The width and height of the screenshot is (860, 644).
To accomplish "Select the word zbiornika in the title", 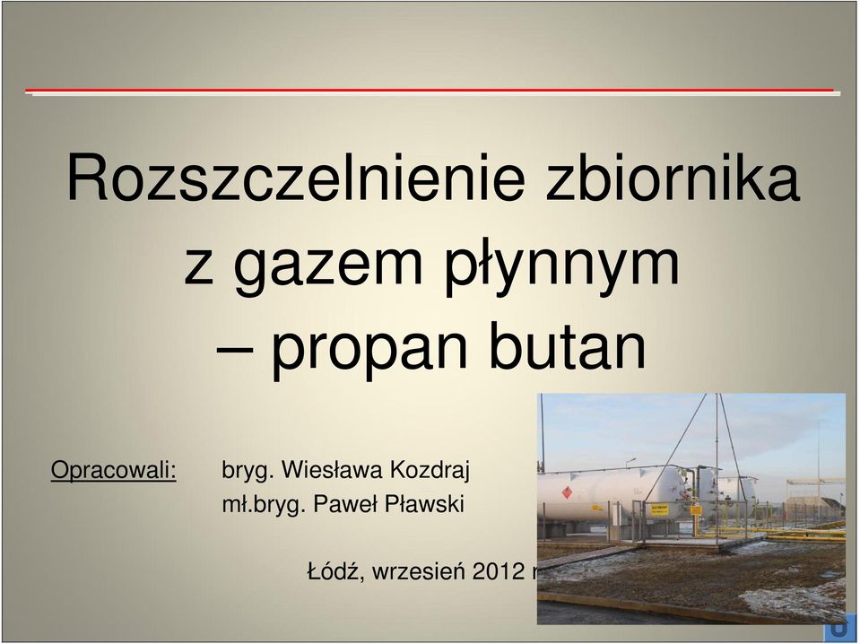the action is pos(673,177).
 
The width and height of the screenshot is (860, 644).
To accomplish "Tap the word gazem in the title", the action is pos(327,265).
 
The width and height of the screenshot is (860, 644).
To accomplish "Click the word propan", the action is pos(369,348).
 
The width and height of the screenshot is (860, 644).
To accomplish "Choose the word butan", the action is pos(567,344).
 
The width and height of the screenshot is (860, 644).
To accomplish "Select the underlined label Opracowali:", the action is pos(114,471).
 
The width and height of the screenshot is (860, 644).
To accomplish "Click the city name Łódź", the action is pos(334,570).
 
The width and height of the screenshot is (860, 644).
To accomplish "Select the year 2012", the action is pos(499,571).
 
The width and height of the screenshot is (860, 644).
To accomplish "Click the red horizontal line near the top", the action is pos(430,90).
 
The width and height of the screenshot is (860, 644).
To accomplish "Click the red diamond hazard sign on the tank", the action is pos(567,492).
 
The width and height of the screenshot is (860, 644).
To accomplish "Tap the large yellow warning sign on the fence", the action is pos(659,510).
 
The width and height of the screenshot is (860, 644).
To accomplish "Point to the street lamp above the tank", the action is pos(630,460).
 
